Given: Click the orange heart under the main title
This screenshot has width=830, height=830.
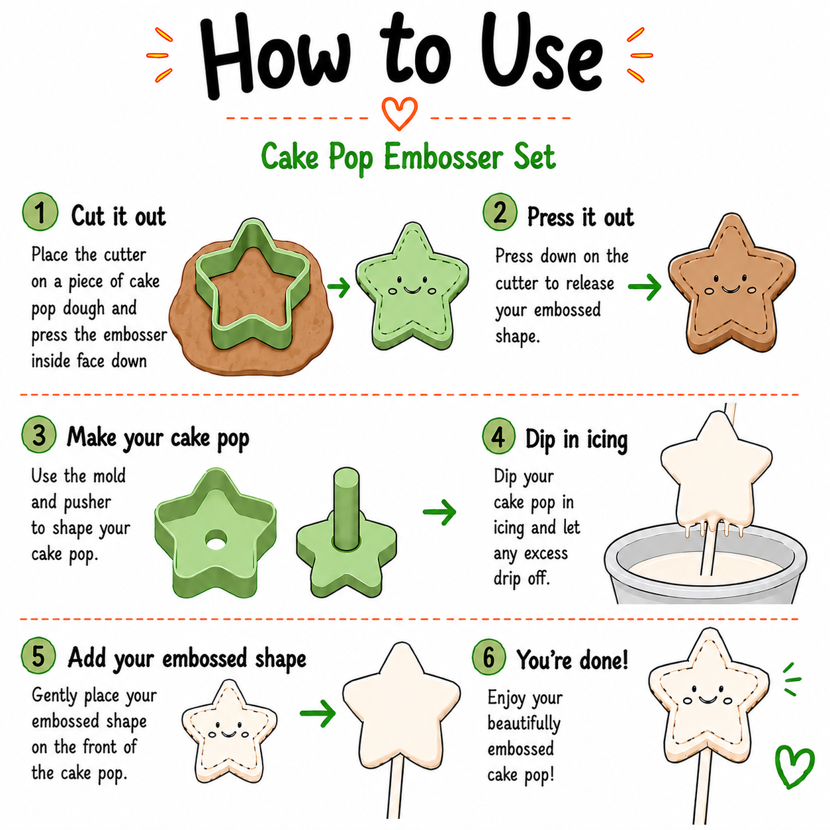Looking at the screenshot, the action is tap(399, 113).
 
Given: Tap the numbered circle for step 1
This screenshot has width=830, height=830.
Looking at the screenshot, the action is tap(40, 212).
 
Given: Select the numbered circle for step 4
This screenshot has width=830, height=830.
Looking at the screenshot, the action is tap(498, 436).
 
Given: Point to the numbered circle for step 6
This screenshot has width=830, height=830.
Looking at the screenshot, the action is tap(488, 657).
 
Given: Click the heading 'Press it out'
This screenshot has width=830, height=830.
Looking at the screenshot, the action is tap(580, 216).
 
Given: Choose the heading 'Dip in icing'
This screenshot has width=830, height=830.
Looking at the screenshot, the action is tap(576, 440).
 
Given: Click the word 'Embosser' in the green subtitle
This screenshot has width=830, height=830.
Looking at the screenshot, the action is tap(443, 157).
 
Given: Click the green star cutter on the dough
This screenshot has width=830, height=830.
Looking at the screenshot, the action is tap(252, 284).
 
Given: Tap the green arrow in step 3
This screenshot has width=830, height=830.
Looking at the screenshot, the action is tap(439, 512).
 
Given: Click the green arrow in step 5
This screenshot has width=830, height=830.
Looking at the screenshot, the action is tap(318, 714).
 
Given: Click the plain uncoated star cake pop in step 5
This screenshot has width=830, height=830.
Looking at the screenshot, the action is tap(401, 706).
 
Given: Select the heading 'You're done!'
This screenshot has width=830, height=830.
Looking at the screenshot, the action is tap(573, 659).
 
